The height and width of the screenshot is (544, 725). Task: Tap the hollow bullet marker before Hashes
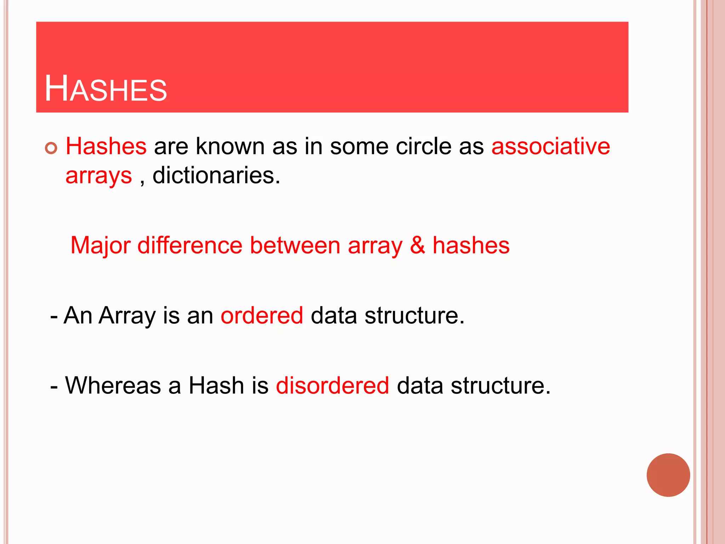pos(51,148)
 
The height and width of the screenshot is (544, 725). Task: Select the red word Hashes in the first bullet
pos(106,146)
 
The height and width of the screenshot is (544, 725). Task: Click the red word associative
pos(550,146)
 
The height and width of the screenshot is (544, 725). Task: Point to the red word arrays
pos(98,176)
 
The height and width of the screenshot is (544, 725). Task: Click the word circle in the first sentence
pos(423,146)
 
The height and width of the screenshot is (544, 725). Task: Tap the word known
pos(230,146)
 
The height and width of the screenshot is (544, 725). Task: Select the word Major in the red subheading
pos(101,245)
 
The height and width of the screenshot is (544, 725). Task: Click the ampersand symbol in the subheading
pos(417,245)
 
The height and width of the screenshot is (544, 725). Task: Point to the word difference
pos(190,245)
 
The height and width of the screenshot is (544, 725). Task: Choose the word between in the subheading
pos(295,245)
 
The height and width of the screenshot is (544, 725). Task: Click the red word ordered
pos(262,315)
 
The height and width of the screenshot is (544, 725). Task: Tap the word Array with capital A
pos(127,316)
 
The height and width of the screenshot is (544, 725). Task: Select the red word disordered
pos(332,385)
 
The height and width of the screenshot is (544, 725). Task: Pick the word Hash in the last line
pos(216,385)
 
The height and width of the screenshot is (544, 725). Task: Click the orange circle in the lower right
pos(668,475)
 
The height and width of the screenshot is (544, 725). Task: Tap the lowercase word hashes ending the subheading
pos(471,245)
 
